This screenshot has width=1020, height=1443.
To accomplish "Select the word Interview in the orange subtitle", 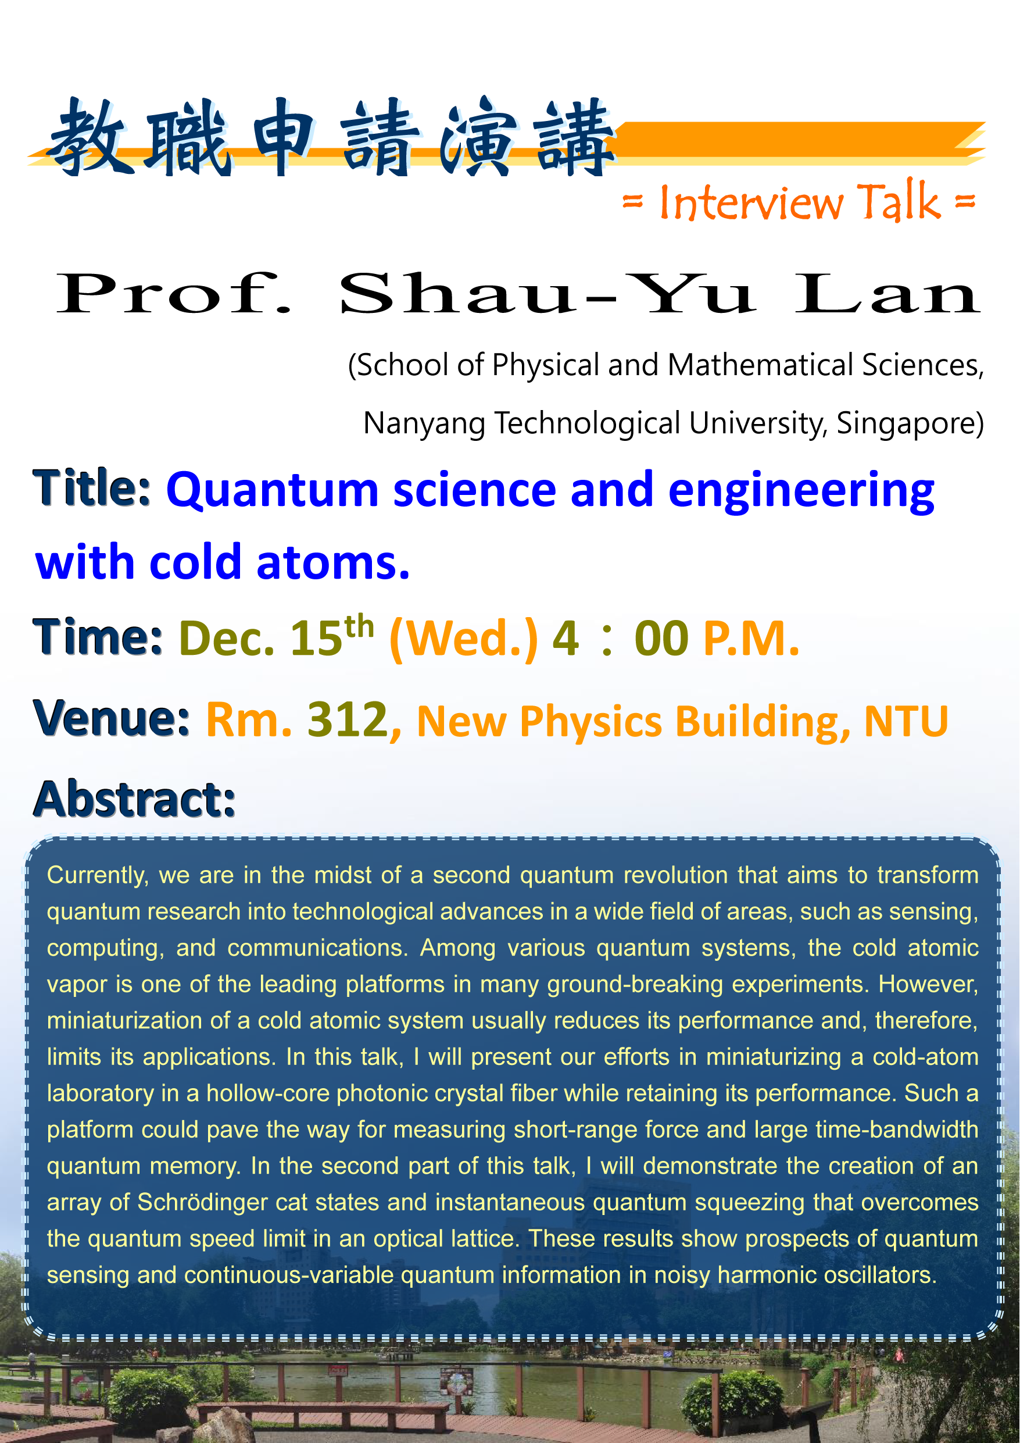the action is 751,203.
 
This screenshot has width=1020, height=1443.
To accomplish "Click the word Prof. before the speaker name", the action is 174,294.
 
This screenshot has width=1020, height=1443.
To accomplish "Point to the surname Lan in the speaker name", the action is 887,294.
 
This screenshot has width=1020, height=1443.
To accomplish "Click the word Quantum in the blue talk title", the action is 273,491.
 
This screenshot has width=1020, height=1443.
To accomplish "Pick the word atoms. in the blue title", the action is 333,561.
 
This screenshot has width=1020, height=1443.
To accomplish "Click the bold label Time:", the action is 98,637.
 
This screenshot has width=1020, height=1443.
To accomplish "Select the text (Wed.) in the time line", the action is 464,639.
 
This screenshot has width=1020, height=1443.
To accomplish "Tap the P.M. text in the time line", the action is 751,639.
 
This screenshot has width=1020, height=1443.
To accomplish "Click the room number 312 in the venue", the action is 348,719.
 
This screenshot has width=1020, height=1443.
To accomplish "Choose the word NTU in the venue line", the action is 906,721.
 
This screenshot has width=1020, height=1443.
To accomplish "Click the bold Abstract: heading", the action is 135,799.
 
